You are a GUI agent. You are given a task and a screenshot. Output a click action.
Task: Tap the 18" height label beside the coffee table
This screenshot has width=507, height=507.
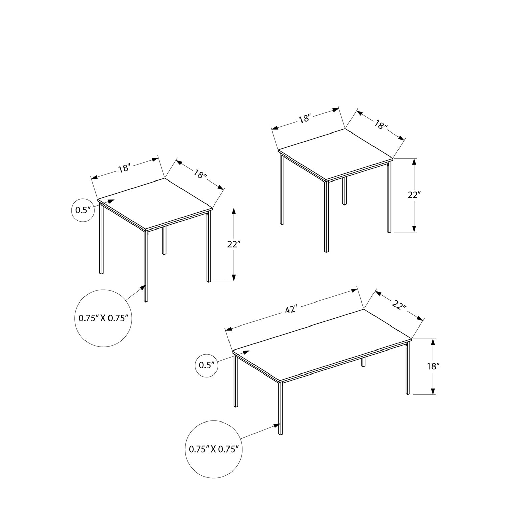click(432, 366)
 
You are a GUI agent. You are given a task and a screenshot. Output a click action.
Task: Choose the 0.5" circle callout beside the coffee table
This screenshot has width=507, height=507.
click(207, 365)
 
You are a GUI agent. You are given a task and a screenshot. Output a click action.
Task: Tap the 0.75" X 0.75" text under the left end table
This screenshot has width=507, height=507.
click(103, 318)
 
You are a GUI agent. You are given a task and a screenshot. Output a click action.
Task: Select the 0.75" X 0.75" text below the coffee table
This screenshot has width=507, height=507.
click(214, 449)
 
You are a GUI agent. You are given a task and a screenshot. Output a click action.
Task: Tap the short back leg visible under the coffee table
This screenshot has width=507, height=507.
click(363, 362)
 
